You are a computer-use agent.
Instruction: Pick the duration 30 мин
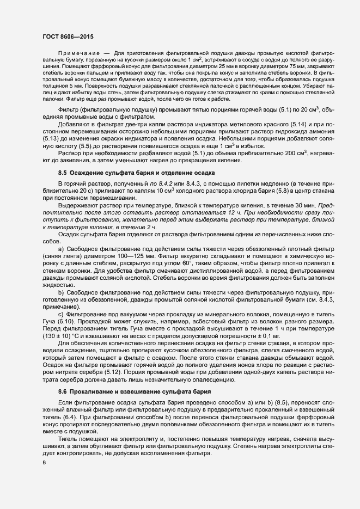pyautogui.click(x=296, y=207)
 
